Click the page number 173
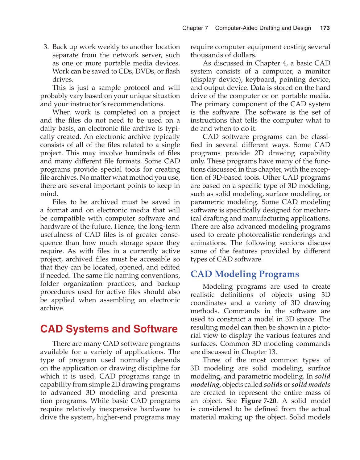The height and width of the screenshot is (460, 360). (325, 28)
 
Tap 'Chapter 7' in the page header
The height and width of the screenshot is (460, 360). (195, 28)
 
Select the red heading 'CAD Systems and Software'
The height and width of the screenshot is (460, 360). (109, 329)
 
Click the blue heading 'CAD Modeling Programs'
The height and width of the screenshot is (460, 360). (245, 274)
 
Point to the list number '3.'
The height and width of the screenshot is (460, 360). (46, 47)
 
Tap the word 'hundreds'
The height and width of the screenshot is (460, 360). (140, 153)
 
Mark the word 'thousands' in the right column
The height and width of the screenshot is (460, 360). (206, 55)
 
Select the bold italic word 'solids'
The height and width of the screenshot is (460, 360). (273, 385)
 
